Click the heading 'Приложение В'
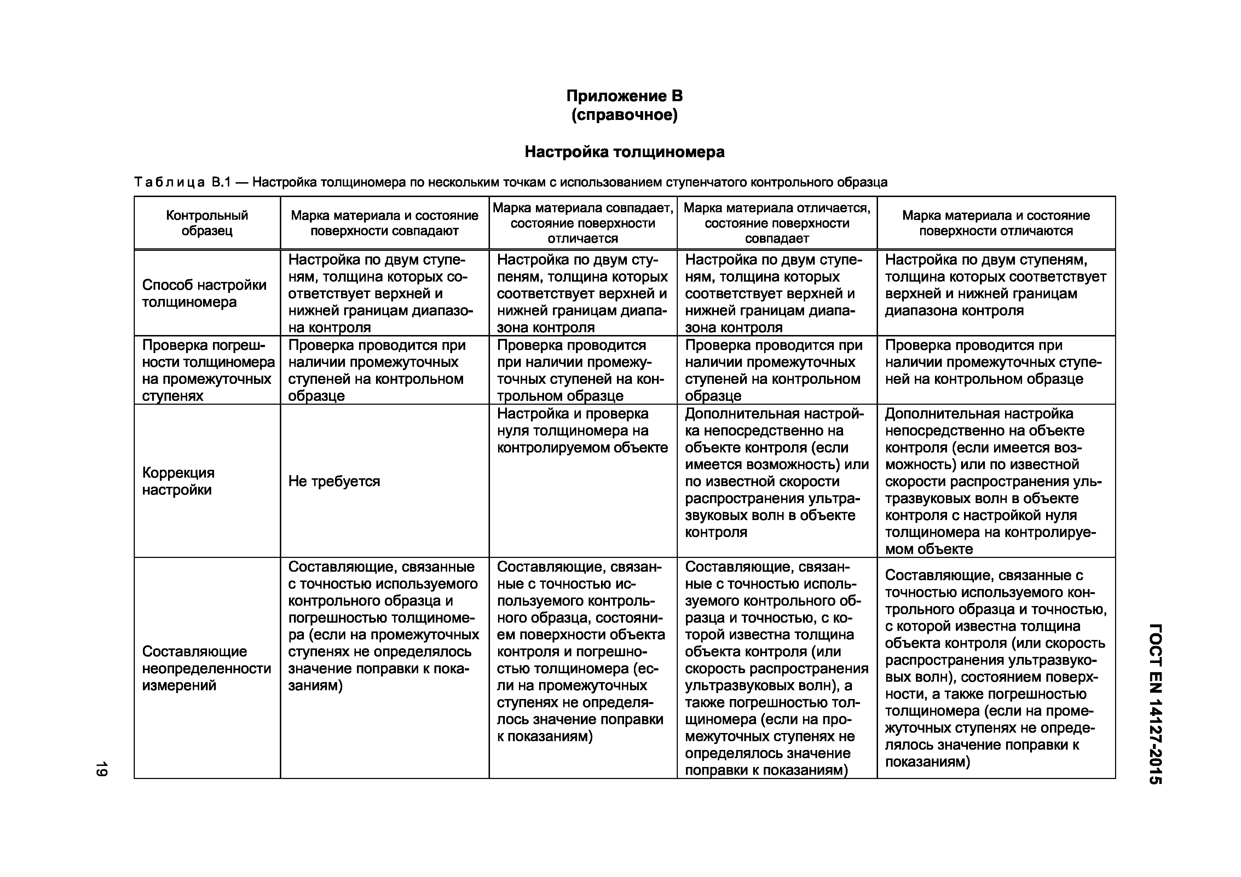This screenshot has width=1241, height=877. click(x=624, y=96)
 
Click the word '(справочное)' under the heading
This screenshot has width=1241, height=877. click(x=624, y=115)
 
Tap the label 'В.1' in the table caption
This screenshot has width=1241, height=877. click(x=220, y=183)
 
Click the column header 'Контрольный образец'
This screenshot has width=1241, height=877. click(x=207, y=223)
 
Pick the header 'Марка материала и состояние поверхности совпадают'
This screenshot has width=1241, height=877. click(x=384, y=223)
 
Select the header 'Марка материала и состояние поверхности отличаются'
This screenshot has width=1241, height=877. click(x=995, y=223)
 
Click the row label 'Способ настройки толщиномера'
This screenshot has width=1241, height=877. click(x=204, y=293)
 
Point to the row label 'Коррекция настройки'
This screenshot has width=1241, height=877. click(x=178, y=481)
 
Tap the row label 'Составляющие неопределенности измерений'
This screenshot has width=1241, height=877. click(x=207, y=668)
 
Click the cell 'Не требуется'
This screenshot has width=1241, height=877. click(x=334, y=481)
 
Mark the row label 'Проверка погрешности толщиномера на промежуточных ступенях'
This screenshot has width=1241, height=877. click(x=208, y=371)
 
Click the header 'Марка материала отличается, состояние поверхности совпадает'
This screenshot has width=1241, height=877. click(x=777, y=223)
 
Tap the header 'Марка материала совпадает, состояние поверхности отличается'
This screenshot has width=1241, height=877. click(x=583, y=223)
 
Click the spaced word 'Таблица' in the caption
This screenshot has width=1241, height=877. click(x=169, y=183)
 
